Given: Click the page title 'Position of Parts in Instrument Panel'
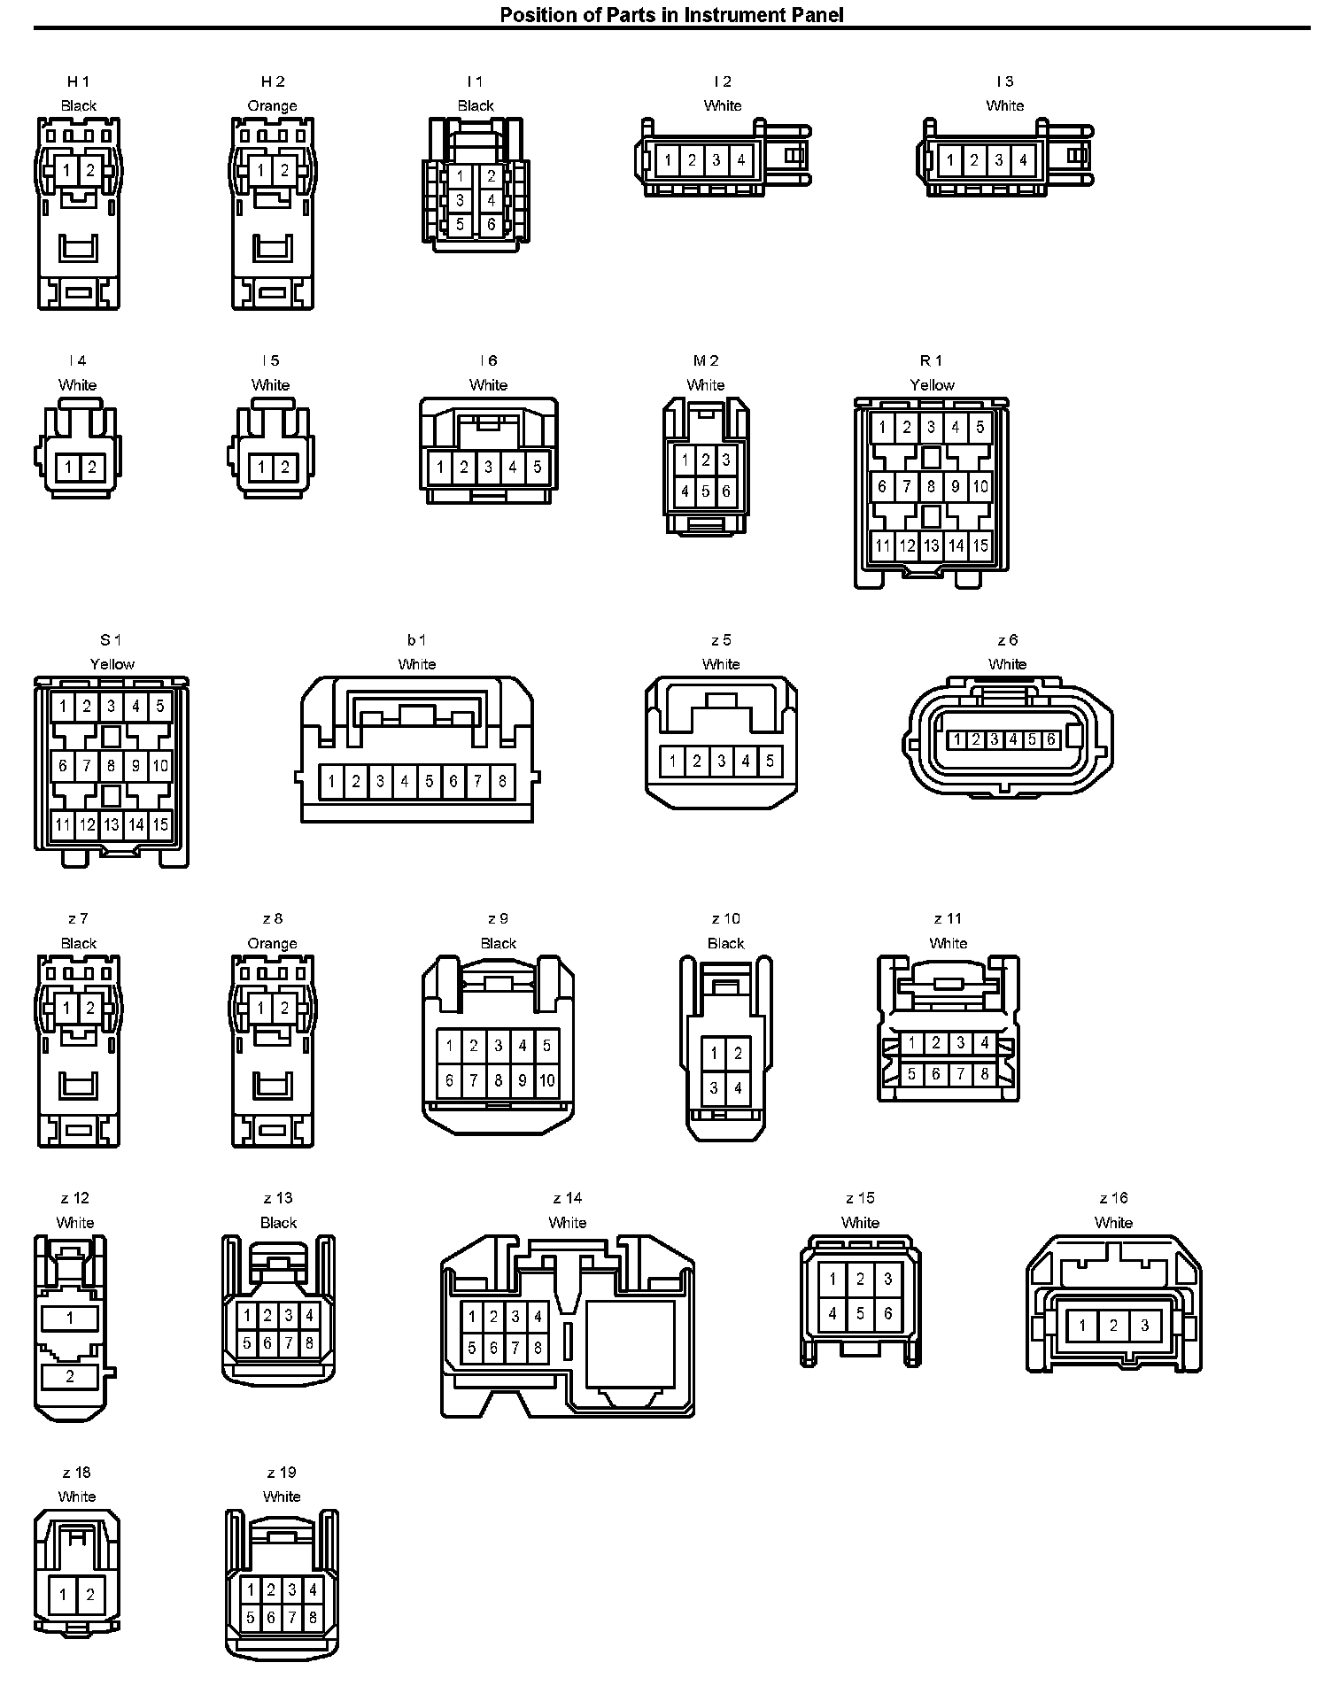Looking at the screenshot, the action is pyautogui.click(x=671, y=14).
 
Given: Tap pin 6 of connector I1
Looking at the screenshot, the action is pyautogui.click(x=492, y=225).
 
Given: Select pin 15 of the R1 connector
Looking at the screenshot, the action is pyautogui.click(x=980, y=545).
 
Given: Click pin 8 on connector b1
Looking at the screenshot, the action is pyautogui.click(x=502, y=781).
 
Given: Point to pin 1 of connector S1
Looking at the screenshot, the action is pyautogui.click(x=63, y=707).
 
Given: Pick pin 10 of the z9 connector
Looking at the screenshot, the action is pyautogui.click(x=547, y=1080).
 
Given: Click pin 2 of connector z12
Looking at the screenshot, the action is pyautogui.click(x=70, y=1377).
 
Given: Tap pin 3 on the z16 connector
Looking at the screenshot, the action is pyautogui.click(x=1145, y=1326).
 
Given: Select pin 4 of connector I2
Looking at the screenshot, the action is pyautogui.click(x=741, y=160).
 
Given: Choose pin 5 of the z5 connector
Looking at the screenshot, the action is pyautogui.click(x=770, y=761).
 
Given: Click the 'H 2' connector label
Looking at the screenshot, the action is pyautogui.click(x=273, y=81).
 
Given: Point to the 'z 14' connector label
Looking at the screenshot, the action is pyautogui.click(x=568, y=1198).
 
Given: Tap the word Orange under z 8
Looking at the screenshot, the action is pyautogui.click(x=273, y=944).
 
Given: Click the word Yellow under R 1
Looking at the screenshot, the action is pyautogui.click(x=933, y=385).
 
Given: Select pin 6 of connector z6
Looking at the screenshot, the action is pyautogui.click(x=1051, y=739).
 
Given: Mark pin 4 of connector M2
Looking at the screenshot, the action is pyautogui.click(x=685, y=491).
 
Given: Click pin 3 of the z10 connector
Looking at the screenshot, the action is pyautogui.click(x=715, y=1088).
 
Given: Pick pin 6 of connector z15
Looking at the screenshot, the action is pyautogui.click(x=888, y=1314).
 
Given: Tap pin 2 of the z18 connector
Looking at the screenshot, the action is pyautogui.click(x=90, y=1596).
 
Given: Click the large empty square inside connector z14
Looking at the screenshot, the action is pyautogui.click(x=631, y=1338).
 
